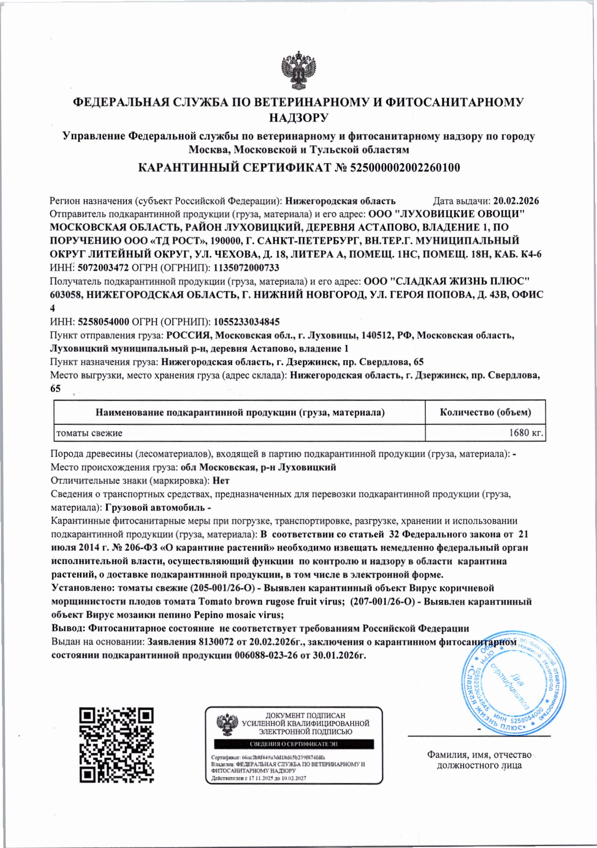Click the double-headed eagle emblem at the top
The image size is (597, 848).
coord(299,70)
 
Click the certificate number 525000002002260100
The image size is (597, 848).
coord(405,167)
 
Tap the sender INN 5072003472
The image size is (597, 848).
coord(103,268)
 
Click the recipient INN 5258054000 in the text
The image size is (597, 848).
coord(103,322)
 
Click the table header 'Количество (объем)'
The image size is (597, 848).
coord(485,412)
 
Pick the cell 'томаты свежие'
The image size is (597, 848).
coord(89,433)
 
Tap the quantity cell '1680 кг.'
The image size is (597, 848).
coord(526,433)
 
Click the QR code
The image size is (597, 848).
coord(117,745)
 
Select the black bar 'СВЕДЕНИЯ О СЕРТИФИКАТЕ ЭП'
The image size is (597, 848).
coord(294,744)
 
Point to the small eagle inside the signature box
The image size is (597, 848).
coord(226,725)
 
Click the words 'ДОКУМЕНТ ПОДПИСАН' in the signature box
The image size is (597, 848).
coord(305,715)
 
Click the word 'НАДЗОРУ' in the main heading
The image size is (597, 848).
coord(298,118)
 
